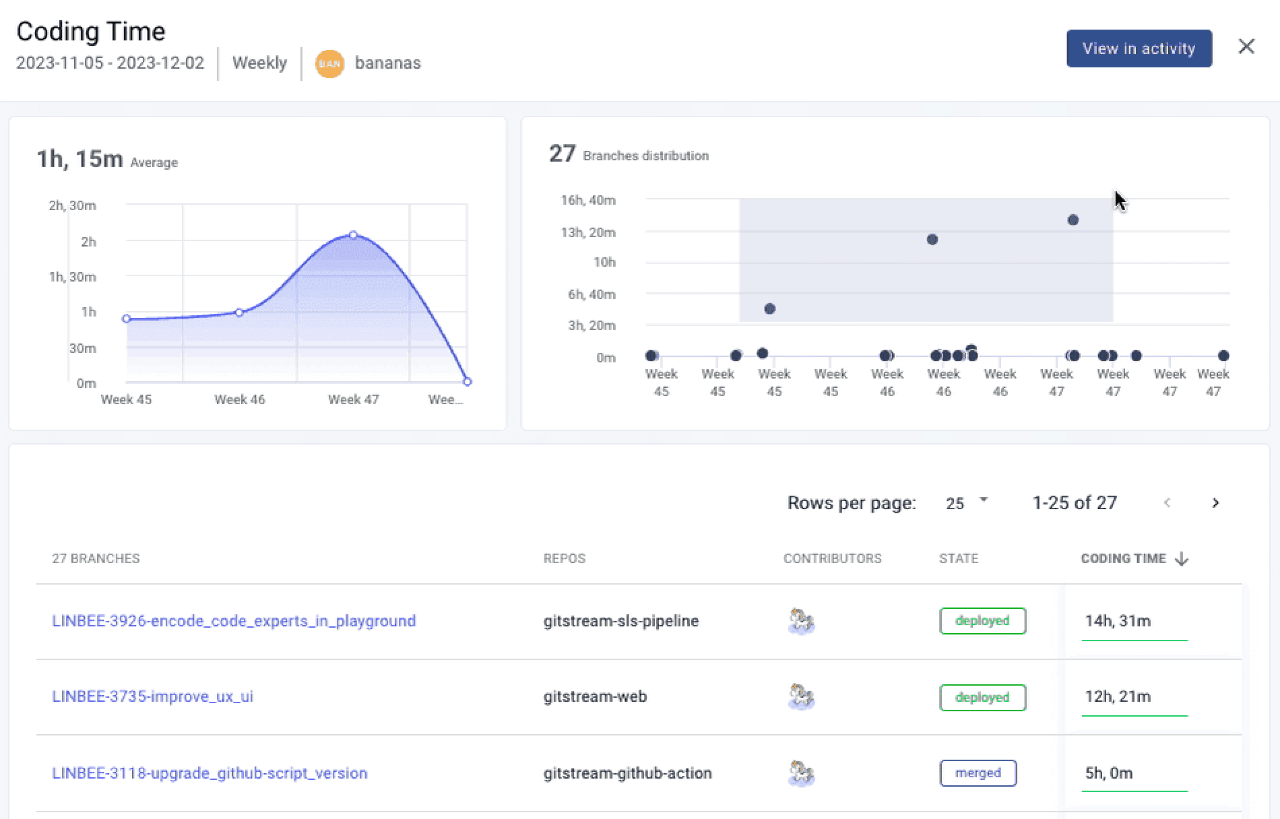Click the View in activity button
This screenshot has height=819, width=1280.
tap(1139, 48)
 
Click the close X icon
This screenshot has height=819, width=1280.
tap(1246, 46)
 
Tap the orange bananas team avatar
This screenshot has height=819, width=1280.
tap(329, 64)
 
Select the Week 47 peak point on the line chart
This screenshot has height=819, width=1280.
tap(354, 235)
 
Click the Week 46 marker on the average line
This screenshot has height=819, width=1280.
tap(239, 313)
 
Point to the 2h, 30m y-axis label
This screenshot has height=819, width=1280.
tap(72, 205)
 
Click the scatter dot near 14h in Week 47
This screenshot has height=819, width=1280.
tap(1073, 220)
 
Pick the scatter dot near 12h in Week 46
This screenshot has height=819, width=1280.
tap(932, 240)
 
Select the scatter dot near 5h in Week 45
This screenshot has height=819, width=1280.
tap(770, 309)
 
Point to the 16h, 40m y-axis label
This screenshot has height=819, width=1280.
tap(588, 200)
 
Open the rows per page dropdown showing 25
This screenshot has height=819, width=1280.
tap(966, 503)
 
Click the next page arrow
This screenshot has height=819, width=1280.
tap(1215, 503)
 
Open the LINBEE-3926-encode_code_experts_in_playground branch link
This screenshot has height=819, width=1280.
tap(234, 621)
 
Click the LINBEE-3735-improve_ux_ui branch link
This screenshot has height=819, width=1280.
tap(153, 696)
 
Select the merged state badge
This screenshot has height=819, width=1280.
tap(978, 773)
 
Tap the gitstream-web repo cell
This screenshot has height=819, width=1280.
tap(595, 696)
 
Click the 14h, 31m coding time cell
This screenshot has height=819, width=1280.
tap(1118, 621)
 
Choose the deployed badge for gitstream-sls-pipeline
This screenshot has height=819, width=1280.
tap(982, 621)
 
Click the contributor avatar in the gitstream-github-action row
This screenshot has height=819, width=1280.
tap(801, 773)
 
